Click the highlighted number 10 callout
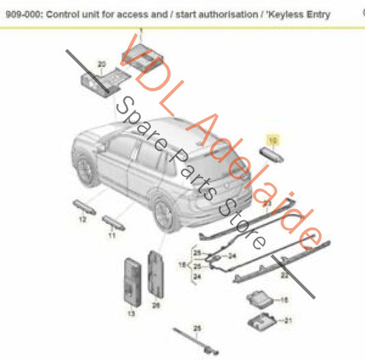273,140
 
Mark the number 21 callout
288,320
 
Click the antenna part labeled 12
80,207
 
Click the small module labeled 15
259,300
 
